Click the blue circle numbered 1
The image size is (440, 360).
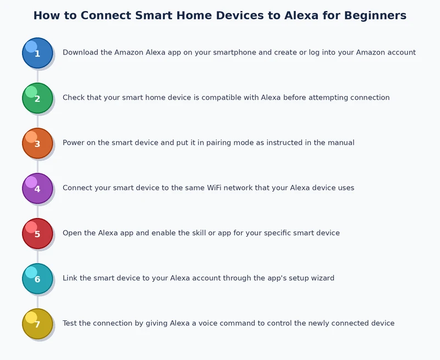(x=37, y=53)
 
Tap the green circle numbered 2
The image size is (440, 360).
(x=37, y=98)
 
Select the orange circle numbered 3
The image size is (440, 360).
(x=37, y=143)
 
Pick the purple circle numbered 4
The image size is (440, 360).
(x=37, y=188)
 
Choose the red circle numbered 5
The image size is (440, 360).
(x=37, y=233)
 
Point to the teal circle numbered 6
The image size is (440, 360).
(x=37, y=279)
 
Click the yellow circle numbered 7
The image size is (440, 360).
(x=37, y=324)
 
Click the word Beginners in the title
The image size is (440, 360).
(x=375, y=15)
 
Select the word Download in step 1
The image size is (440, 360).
(x=80, y=53)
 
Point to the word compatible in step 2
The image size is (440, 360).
(x=221, y=98)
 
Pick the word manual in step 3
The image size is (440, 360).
(x=341, y=143)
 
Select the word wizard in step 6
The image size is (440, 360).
(x=321, y=279)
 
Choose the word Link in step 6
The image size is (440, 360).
(x=70, y=279)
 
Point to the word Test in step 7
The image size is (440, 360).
(x=70, y=324)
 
